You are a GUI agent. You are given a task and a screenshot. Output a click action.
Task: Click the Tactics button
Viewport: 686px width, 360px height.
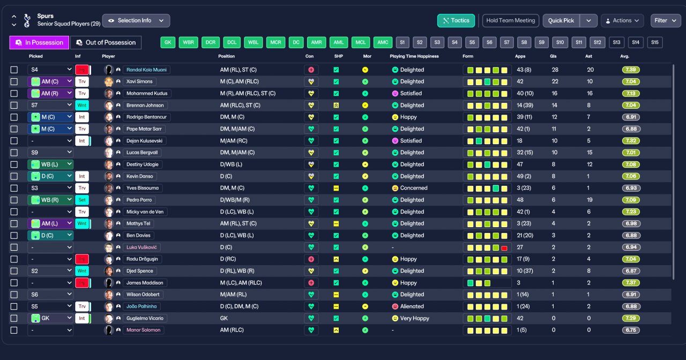tap(456, 20)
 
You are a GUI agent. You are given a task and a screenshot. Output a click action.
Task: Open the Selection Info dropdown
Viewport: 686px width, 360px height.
tap(136, 20)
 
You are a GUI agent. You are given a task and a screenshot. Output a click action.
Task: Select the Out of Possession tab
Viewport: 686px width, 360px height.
tap(106, 42)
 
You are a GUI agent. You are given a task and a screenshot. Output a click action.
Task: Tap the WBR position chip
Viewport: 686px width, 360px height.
tap(188, 42)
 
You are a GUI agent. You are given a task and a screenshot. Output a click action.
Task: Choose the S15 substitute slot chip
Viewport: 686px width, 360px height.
tap(655, 42)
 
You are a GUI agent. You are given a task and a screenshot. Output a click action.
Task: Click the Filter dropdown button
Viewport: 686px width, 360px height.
tap(666, 20)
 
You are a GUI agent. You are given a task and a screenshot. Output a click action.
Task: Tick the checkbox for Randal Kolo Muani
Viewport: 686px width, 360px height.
tap(14, 70)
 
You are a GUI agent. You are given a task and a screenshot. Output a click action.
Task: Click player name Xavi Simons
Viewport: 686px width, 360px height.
tap(139, 81)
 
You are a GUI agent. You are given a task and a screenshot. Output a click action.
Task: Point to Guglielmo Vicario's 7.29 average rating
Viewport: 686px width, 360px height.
tap(631, 318)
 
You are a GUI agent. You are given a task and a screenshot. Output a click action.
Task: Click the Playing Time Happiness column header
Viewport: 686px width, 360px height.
tap(414, 56)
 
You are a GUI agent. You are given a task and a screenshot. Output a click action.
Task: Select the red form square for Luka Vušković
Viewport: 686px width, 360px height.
tap(504, 248)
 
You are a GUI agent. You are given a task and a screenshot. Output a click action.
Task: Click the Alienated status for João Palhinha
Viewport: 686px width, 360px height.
tap(412, 306)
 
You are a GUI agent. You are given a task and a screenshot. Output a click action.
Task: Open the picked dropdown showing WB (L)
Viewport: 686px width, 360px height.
tap(50, 164)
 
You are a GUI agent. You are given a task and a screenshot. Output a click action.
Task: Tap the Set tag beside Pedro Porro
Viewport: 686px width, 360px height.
tap(82, 200)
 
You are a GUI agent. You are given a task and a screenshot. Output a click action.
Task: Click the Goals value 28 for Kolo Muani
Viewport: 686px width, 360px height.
tap(555, 70)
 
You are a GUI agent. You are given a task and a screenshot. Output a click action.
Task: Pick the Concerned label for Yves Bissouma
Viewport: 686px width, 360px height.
tap(413, 188)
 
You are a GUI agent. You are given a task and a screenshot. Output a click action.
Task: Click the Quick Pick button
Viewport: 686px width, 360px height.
tap(561, 20)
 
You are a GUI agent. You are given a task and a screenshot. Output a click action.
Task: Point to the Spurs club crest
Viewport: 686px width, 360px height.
tap(27, 20)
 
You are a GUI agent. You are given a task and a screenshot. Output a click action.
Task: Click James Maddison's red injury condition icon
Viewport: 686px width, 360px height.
tap(311, 283)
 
